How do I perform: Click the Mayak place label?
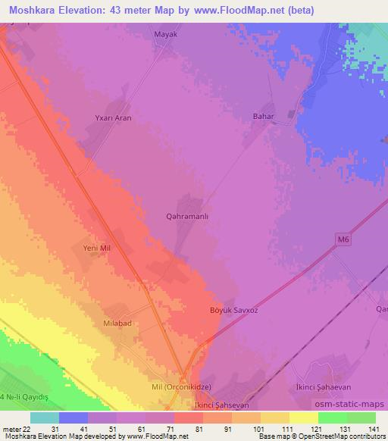pos(165,34)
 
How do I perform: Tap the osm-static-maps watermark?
pos(355,402)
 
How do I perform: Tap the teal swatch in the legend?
pos(44,418)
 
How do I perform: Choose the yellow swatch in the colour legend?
pos(304,418)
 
